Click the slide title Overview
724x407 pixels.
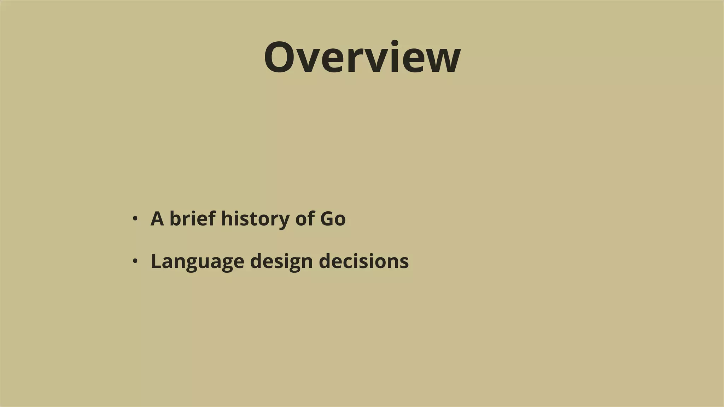coord(362,58)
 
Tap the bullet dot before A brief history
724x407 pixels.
coord(134,218)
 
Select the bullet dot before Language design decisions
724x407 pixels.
coord(134,261)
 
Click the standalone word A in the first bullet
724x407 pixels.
coord(157,219)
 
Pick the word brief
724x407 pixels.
coord(193,219)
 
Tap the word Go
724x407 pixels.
coord(333,219)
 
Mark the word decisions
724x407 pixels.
coord(364,261)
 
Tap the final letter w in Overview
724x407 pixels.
coord(444,61)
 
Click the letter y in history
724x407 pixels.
coord(283,221)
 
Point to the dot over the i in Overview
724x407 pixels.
coord(395,43)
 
